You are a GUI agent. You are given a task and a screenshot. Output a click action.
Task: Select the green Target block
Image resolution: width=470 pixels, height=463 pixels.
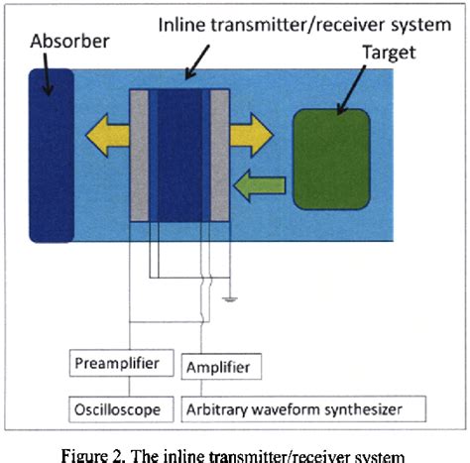[331, 159]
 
